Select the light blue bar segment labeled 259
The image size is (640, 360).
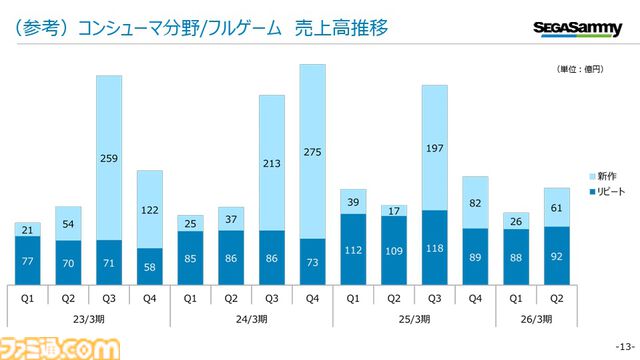pos(109,157)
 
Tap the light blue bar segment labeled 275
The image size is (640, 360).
pos(312,151)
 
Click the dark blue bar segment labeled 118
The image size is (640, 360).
pos(434,248)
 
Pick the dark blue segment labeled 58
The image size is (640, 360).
pos(149,267)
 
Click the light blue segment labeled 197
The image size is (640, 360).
pos(434,148)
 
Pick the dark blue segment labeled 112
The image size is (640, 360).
pos(353,250)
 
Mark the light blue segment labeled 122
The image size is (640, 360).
pos(149,209)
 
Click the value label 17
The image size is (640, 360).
pos(393,210)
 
